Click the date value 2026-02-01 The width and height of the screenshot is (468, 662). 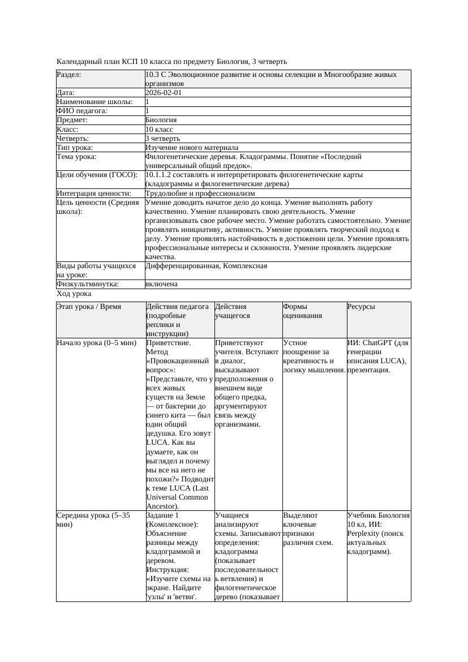click(x=164, y=93)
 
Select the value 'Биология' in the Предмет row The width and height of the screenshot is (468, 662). click(x=161, y=120)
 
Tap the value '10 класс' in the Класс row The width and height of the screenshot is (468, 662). click(x=159, y=129)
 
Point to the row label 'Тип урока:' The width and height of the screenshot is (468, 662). click(x=75, y=148)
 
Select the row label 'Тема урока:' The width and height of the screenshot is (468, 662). click(x=76, y=157)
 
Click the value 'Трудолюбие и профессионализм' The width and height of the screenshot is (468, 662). click(x=200, y=194)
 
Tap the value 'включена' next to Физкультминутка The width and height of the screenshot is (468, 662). click(x=161, y=284)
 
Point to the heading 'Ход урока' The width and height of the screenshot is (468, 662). click(x=74, y=294)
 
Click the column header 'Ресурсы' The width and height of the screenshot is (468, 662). click(x=361, y=307)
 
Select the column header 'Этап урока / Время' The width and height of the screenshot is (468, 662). click(x=89, y=307)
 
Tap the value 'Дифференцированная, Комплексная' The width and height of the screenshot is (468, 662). click(x=206, y=266)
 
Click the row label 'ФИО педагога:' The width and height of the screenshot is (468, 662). click(x=82, y=111)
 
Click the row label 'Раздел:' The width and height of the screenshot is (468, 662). click(x=69, y=75)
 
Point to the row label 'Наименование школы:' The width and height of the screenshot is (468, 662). click(x=95, y=102)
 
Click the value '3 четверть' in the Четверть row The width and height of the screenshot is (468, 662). click(x=162, y=139)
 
